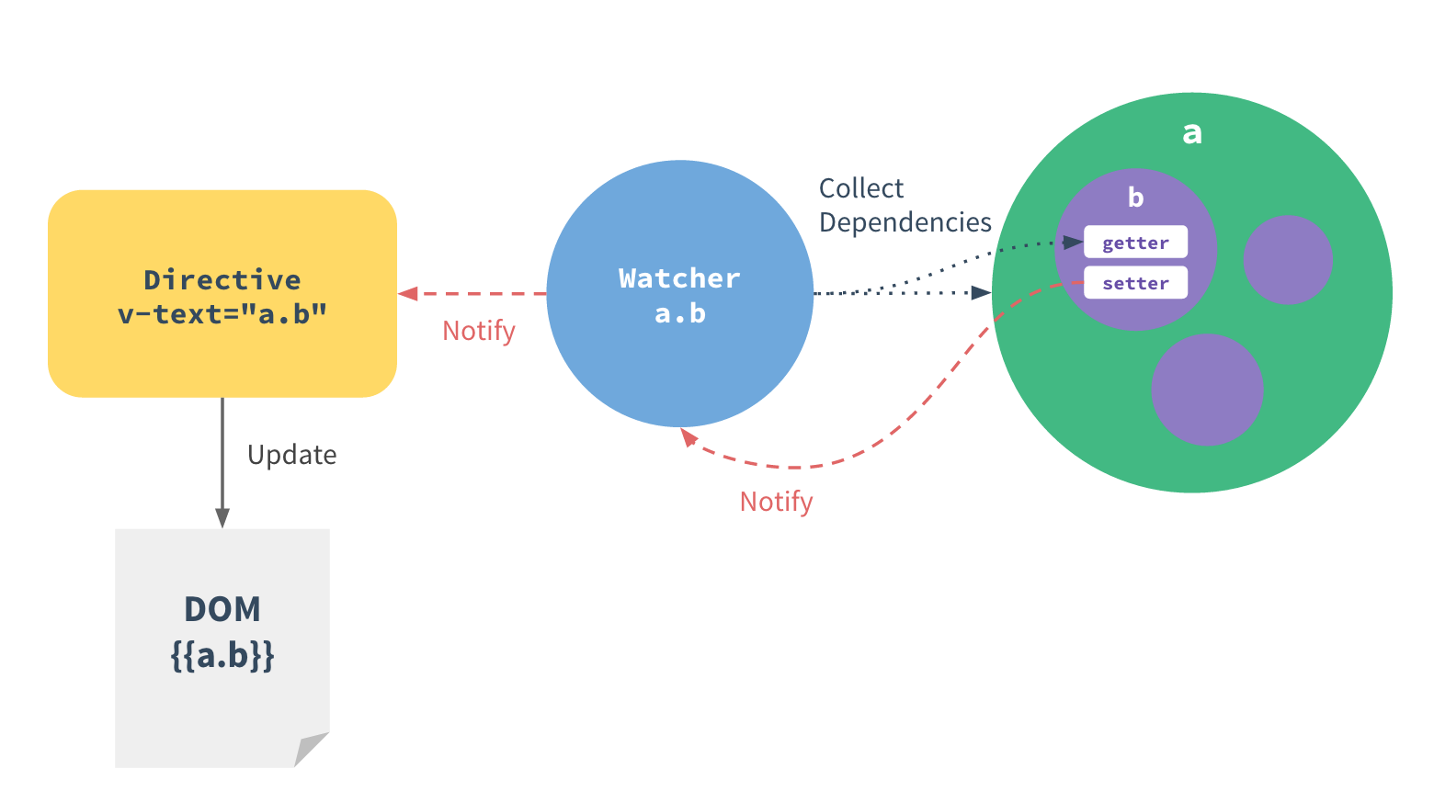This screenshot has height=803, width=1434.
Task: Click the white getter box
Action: coord(1135,243)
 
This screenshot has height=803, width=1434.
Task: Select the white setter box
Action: coord(1135,283)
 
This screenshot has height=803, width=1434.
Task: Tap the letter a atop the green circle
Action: coord(1191,133)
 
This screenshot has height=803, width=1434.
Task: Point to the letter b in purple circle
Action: coord(1135,198)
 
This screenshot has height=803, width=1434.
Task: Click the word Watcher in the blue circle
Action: coord(679,278)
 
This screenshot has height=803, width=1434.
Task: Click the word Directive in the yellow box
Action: coord(222,280)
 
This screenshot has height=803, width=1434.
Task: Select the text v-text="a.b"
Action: coord(222,314)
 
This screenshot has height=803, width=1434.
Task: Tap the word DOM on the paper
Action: coord(222,609)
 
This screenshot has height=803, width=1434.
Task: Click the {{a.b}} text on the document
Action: coord(222,656)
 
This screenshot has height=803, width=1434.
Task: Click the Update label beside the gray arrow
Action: coord(291,455)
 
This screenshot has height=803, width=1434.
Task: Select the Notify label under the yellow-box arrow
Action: coord(478,331)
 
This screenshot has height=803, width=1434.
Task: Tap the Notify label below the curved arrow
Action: coord(776,502)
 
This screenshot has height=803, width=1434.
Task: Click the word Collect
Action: coord(861,188)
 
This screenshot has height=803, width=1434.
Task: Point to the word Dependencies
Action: coord(905,222)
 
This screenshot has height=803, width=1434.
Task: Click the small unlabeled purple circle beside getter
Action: coord(1287,260)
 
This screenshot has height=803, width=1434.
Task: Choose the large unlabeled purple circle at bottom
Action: coord(1207,390)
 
